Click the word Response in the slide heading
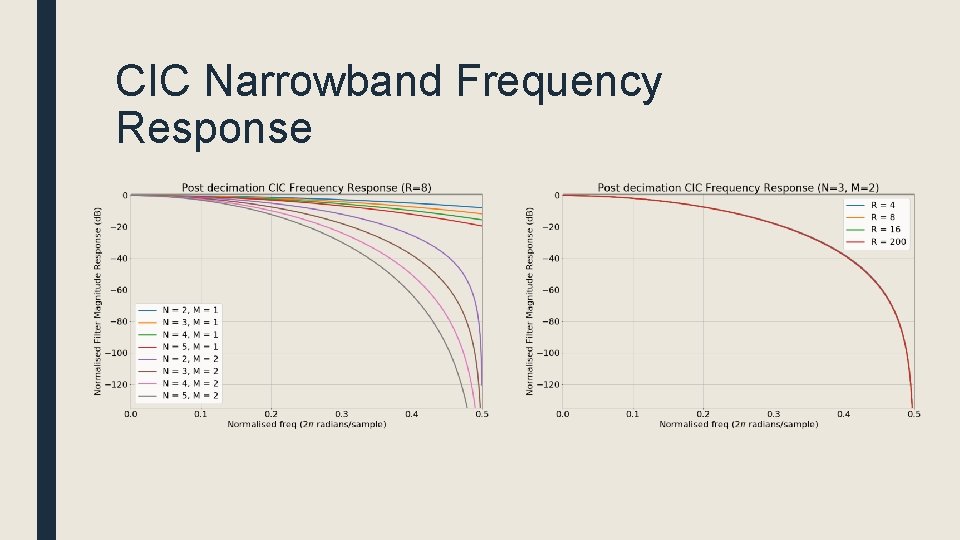[x=214, y=128]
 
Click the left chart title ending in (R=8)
[x=306, y=188]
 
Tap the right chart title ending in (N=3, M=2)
[x=738, y=188]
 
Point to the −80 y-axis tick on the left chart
[x=118, y=321]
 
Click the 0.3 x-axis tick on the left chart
[x=341, y=414]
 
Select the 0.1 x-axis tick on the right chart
[x=632, y=414]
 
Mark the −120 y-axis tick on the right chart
[x=548, y=384]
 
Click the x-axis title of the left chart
[x=306, y=425]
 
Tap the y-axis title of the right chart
[x=530, y=300]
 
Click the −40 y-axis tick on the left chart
[x=118, y=258]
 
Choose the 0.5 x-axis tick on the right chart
[x=914, y=414]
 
